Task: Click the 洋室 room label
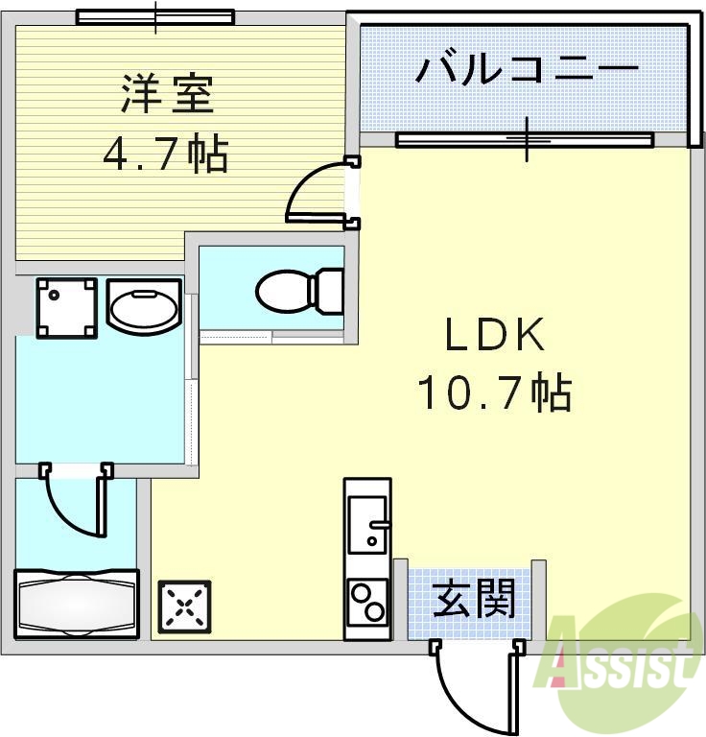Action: coord(165,96)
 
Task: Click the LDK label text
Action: coord(494,336)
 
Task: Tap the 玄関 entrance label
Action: coord(474,600)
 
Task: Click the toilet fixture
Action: coord(299,288)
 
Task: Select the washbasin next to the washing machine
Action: coord(144,307)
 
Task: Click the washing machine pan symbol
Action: coord(67,307)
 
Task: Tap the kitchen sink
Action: coord(367,524)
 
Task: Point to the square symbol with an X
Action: coord(185,606)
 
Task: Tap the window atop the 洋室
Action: coord(155,17)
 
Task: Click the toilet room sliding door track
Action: coord(272,336)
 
